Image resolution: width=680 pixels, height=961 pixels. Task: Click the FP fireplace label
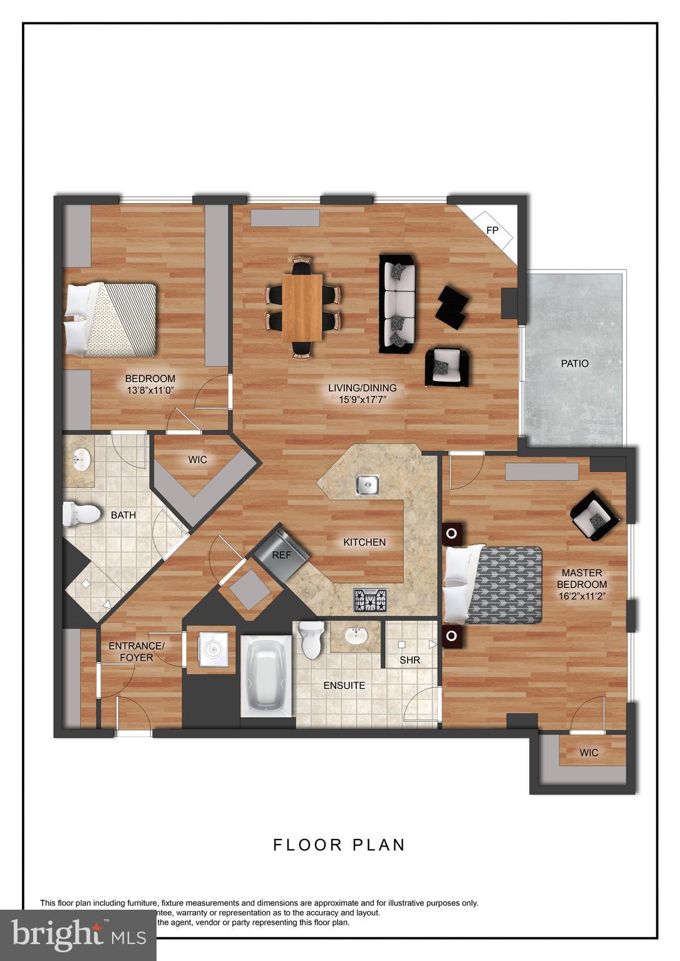pyautogui.click(x=492, y=230)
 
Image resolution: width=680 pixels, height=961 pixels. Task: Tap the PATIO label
pyautogui.click(x=574, y=364)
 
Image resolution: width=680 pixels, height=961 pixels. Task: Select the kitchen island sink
pyautogui.click(x=368, y=484)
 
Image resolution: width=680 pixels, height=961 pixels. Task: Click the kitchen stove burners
pyautogui.click(x=370, y=600)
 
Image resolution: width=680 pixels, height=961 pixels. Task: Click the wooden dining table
pyautogui.click(x=302, y=308)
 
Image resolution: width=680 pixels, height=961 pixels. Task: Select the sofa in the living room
pyautogui.click(x=398, y=303)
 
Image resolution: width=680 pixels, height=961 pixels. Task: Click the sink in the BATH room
pyautogui.click(x=80, y=462)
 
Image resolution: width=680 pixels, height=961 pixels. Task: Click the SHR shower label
pyautogui.click(x=410, y=660)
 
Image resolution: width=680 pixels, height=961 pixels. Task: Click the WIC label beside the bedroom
pyautogui.click(x=197, y=460)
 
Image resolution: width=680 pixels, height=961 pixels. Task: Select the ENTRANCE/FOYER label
pyautogui.click(x=137, y=651)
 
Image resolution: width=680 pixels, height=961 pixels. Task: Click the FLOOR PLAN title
pyautogui.click(x=339, y=845)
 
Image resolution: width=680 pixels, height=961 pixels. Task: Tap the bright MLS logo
pyautogui.click(x=78, y=935)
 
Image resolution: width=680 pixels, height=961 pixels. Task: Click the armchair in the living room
pyautogui.click(x=447, y=367)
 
